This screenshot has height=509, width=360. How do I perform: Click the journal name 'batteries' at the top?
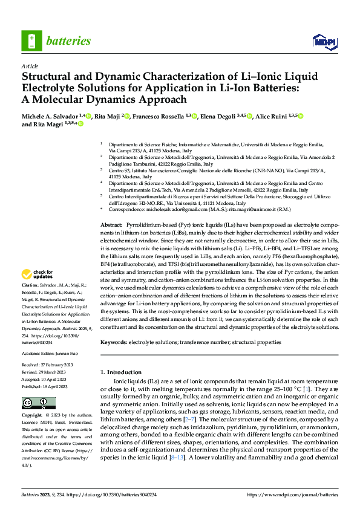69,41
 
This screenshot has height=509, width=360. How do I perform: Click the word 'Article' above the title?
30,66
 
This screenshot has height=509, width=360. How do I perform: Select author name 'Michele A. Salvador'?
49,115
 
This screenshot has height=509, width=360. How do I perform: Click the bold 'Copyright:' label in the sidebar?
33,416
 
